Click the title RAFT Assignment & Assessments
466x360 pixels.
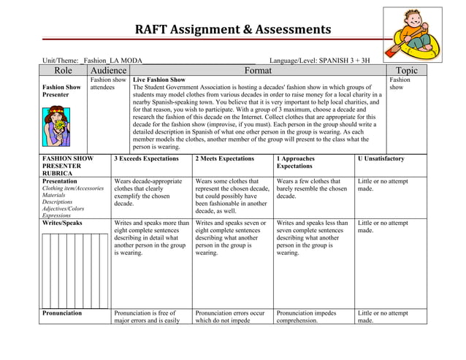[232, 30]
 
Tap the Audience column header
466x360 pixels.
[108, 70]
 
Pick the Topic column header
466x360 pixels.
[406, 70]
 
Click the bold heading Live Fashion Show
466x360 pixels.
[158, 80]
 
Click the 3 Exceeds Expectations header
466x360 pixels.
[147, 158]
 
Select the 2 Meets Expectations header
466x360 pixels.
[225, 158]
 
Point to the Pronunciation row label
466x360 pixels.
[62, 313]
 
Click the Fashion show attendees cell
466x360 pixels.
[108, 83]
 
